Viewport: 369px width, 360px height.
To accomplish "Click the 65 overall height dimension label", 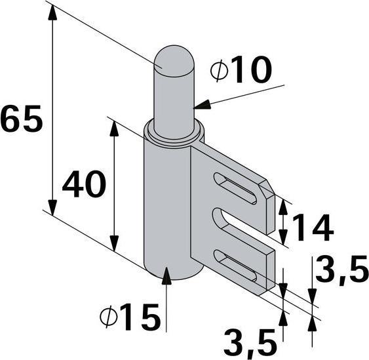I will tap(22, 120).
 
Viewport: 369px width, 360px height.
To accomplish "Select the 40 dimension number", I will tap(84, 186).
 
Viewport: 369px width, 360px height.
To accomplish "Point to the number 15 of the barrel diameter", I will tap(140, 319).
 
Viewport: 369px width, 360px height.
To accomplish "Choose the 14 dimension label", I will tap(312, 228).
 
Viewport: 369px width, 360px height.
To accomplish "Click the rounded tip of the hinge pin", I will tap(173, 56).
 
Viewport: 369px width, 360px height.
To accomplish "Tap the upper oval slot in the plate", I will tap(234, 187).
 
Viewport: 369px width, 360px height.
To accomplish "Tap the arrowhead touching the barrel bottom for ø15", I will tap(166, 274).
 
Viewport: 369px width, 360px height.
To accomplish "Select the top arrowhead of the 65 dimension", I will tap(50, 15).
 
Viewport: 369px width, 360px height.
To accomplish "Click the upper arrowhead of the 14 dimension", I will tap(282, 205).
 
